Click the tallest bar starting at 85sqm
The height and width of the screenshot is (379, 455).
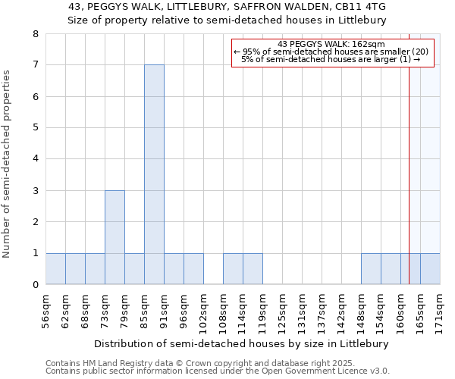click(154, 174)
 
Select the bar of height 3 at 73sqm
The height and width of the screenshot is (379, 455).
click(115, 237)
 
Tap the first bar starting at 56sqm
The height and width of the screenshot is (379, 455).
click(55, 269)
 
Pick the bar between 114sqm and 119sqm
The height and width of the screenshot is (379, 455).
click(253, 269)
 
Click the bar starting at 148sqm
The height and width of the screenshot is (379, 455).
click(371, 269)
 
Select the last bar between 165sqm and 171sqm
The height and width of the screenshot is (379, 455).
click(430, 269)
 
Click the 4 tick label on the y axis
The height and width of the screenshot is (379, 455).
click(35, 159)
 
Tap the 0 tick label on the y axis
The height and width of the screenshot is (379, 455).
click(35, 285)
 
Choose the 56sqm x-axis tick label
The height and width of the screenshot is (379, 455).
click(45, 308)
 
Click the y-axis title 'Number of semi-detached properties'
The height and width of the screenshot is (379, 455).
click(7, 164)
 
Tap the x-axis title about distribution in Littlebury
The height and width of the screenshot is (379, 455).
click(243, 343)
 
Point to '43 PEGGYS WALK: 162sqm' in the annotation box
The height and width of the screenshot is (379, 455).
click(331, 45)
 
